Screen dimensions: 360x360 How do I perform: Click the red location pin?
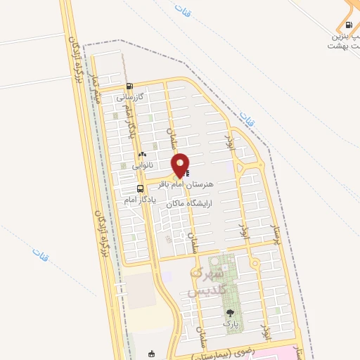point(181,165)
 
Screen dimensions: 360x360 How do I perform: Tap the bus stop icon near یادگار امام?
point(141,188)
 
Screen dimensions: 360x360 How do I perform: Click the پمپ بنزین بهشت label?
point(342,39)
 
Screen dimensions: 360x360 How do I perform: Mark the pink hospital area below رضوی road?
point(316,352)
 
